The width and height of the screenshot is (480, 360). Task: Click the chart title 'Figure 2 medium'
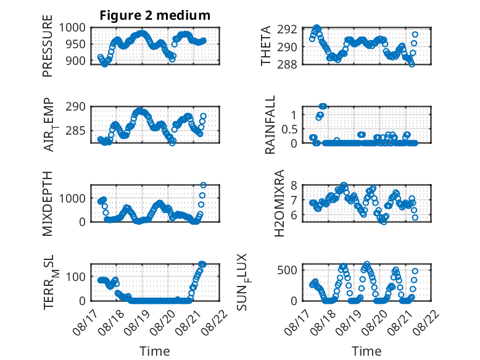tap(155, 15)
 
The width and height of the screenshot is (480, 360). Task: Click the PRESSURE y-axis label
tap(48, 46)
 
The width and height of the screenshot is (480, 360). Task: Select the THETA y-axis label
tap(266, 46)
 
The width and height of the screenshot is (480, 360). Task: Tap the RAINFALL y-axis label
tap(270, 125)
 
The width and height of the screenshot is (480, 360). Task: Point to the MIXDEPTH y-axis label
tap(48, 203)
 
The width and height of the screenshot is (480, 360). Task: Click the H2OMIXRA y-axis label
tap(279, 203)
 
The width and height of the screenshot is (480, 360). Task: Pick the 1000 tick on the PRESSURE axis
tap(72, 28)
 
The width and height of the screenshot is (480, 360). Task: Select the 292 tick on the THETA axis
tap(287, 30)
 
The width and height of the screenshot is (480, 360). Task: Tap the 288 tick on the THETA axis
tap(287, 64)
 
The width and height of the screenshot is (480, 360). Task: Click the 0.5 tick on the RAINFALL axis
tap(289, 129)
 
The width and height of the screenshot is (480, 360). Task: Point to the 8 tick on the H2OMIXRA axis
tap(294, 185)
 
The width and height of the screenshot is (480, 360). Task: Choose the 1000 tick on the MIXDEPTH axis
tap(72, 198)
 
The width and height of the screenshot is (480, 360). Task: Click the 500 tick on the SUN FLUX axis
tap(287, 270)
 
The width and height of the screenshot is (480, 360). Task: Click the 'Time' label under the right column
tap(366, 351)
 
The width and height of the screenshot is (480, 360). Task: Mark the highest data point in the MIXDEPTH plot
tap(203, 185)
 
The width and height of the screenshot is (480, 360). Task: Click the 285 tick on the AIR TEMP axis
tap(76, 131)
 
